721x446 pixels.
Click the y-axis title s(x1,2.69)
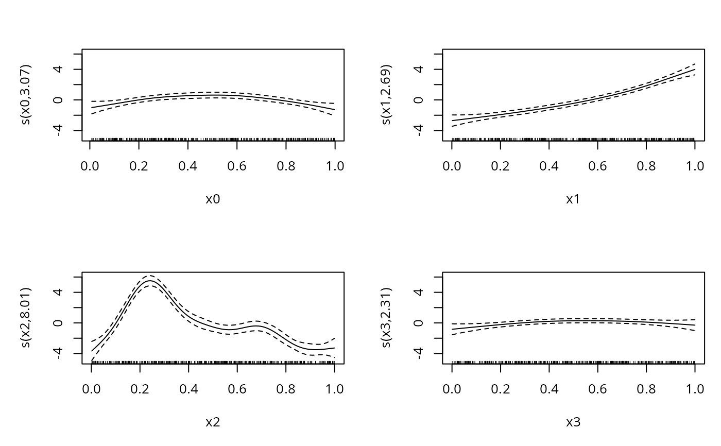[387, 95]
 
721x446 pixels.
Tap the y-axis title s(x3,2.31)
[387, 318]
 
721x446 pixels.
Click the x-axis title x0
[213, 199]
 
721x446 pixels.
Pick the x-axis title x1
[573, 199]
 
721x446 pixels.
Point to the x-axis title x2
[213, 422]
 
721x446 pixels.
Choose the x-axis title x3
[573, 422]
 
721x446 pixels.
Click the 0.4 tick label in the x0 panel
[188, 166]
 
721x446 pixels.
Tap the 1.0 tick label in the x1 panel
[695, 166]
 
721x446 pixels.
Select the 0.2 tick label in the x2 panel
[140, 389]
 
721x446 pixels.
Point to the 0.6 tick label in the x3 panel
[597, 389]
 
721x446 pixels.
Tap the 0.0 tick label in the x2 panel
[91, 389]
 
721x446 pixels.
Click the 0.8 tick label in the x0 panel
[285, 166]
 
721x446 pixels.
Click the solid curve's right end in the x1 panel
[695, 70]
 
